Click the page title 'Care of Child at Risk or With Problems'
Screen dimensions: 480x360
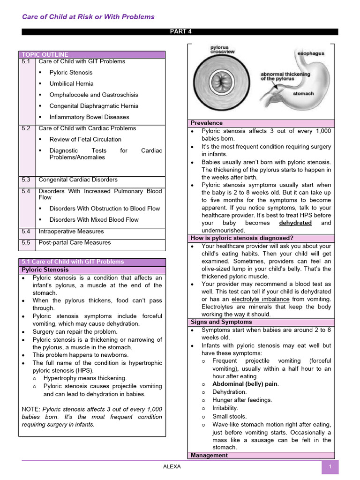point(88,17)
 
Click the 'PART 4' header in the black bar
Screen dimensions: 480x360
point(180,32)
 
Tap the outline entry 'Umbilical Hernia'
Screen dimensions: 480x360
point(71,83)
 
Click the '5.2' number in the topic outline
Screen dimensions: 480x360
point(26,128)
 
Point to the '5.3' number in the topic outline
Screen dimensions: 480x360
point(26,180)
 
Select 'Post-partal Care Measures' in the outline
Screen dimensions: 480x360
point(75,242)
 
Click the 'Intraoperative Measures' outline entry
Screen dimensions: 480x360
point(71,231)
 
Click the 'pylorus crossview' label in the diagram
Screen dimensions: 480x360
point(219,50)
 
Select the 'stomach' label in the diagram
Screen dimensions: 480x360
point(303,94)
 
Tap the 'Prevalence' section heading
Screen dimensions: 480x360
point(207,123)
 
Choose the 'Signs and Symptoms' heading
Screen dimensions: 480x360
point(221,322)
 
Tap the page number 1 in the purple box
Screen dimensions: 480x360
point(330,467)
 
